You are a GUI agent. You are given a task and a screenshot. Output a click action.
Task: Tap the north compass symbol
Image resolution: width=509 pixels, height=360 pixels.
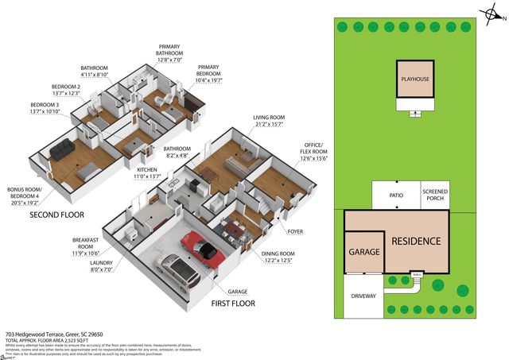(x=489, y=14)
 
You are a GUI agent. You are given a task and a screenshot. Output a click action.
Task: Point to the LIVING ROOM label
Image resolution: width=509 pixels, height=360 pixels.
(x=269, y=120)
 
